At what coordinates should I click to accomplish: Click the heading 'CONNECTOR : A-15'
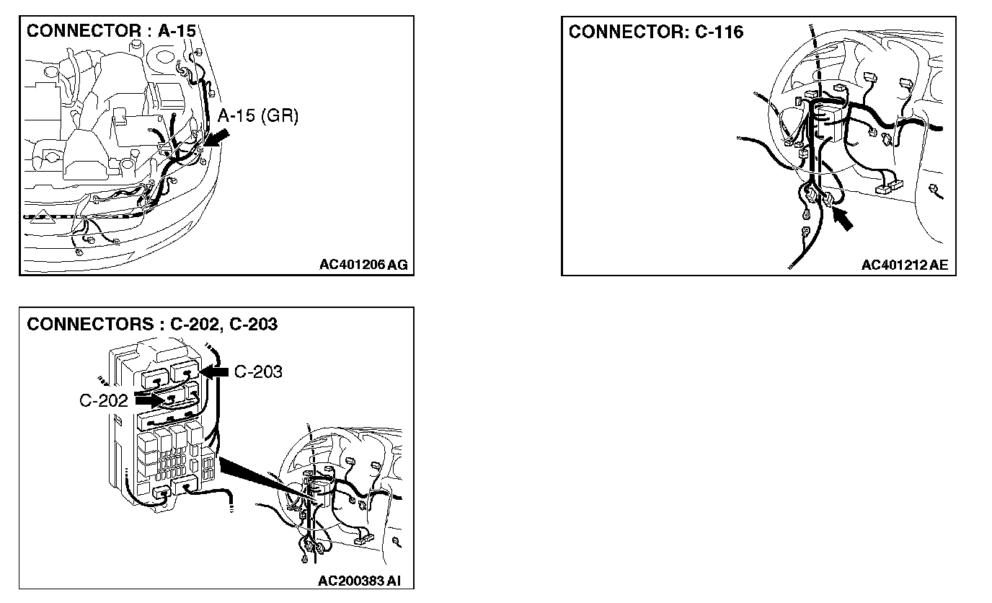[x=110, y=31]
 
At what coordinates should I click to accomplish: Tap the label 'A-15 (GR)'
[x=257, y=115]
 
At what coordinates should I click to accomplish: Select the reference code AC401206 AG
[x=363, y=265]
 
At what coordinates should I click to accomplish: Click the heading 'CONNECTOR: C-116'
[x=655, y=32]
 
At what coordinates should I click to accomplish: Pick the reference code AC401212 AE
[x=905, y=265]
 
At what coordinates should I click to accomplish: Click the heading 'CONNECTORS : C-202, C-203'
[x=152, y=324]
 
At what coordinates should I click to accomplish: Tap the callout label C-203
[x=258, y=371]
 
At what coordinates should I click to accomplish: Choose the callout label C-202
[x=104, y=400]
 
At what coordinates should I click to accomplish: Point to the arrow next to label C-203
[x=214, y=371]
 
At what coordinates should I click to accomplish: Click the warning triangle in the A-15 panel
[x=43, y=214]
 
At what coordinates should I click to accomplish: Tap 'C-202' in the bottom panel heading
[x=194, y=324]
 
